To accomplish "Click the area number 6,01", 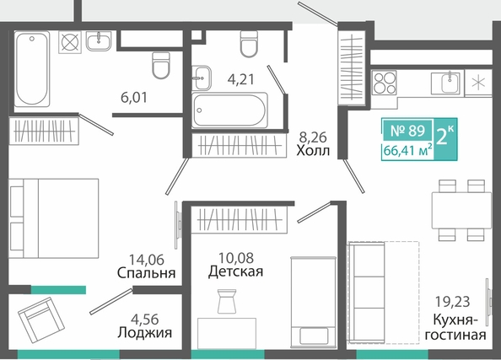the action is click(x=134, y=98).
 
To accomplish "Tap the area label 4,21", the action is click(x=241, y=79).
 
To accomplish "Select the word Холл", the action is click(x=313, y=150).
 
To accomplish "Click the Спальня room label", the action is click(x=147, y=273).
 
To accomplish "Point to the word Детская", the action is click(x=236, y=271).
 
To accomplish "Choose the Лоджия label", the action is click(x=145, y=333).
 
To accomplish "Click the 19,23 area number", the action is click(x=453, y=301).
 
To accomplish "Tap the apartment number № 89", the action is click(x=408, y=131).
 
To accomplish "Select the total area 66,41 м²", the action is click(x=408, y=150).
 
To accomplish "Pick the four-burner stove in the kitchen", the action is click(x=384, y=83).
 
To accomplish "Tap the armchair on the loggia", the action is click(x=41, y=320).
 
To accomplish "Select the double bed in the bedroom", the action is click(x=54, y=218).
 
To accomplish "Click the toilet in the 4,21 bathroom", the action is click(x=249, y=44).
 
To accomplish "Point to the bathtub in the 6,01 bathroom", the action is click(x=32, y=68).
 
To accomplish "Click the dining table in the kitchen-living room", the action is click(x=461, y=210).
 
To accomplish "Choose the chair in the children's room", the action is click(x=227, y=301).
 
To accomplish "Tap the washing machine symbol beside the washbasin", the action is click(x=70, y=42).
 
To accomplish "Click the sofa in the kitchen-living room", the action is click(x=367, y=293).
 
